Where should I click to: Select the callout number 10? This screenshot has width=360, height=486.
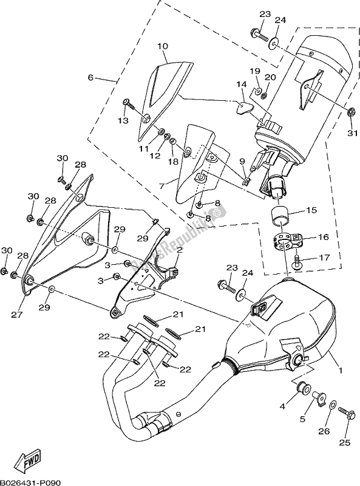click(162, 46)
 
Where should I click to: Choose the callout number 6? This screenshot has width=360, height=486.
click(90, 77)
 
